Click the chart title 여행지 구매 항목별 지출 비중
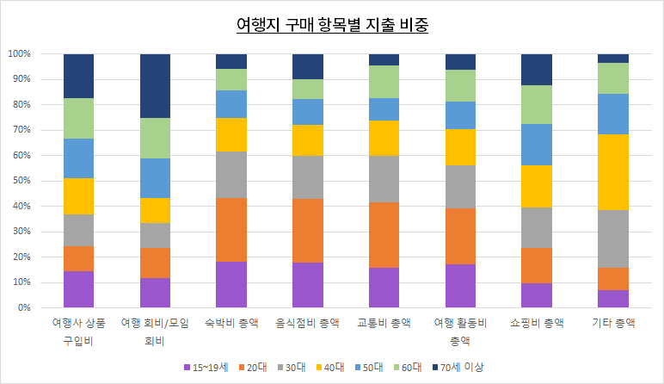332,25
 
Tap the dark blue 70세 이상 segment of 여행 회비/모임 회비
155,85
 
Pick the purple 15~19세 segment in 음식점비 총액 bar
307,285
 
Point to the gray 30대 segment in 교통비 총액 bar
384,179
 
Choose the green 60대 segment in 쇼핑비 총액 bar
537,104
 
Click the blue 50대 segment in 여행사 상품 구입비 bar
78,158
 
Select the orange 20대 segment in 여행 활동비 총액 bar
460,236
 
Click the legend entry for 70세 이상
460,367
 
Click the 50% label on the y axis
22,181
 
